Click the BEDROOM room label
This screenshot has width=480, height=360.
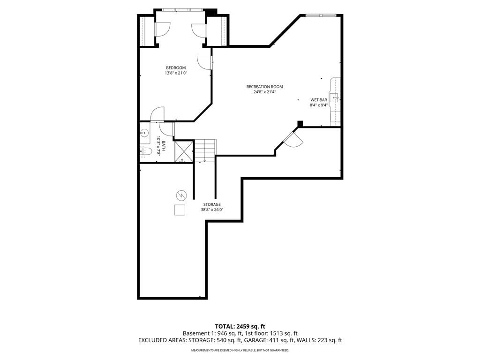(x=176, y=67)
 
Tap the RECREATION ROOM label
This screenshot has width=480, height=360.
(x=264, y=87)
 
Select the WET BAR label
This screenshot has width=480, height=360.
(x=319, y=100)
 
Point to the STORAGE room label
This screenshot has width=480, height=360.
(x=212, y=204)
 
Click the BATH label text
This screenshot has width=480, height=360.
(x=164, y=146)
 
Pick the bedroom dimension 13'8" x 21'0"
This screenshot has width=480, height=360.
(x=176, y=73)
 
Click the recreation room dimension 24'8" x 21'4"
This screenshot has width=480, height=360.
(x=264, y=92)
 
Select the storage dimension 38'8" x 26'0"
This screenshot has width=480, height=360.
(x=212, y=210)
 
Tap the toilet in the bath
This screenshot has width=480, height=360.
(x=146, y=151)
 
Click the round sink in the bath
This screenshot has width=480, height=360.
(x=144, y=133)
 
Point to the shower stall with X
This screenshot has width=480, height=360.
(x=184, y=151)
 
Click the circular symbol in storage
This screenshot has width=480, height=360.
(x=181, y=195)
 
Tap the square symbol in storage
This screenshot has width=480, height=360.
(x=180, y=210)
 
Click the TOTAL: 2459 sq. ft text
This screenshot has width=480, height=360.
(x=240, y=326)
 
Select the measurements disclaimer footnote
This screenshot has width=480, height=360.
(x=240, y=350)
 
